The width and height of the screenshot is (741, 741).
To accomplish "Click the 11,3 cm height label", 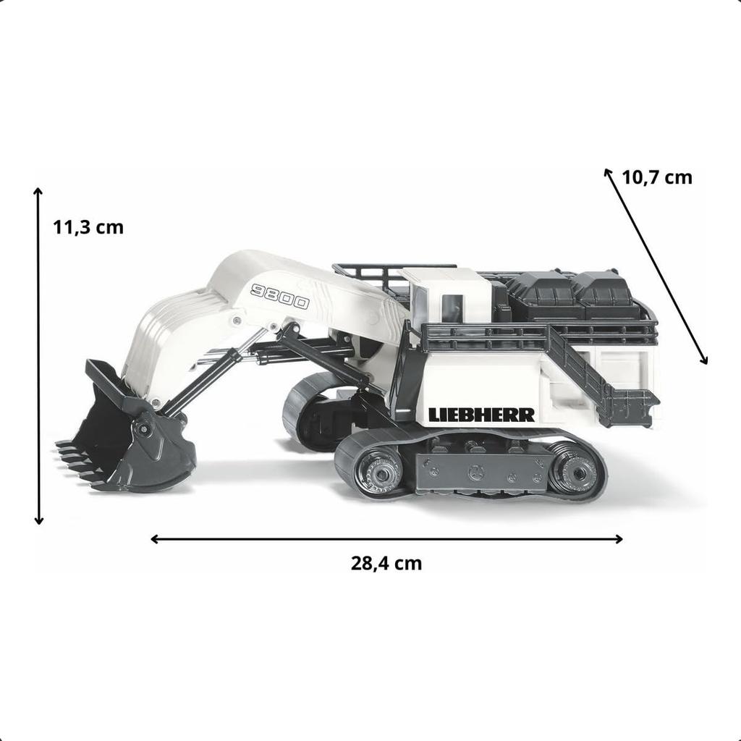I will coord(88,227).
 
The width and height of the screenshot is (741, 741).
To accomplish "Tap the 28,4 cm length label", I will coord(386,563).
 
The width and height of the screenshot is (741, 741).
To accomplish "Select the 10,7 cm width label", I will coord(656,177).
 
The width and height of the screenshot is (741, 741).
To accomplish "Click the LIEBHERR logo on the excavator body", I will coord(481,415).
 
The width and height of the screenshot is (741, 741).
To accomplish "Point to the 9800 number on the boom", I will coord(279,296).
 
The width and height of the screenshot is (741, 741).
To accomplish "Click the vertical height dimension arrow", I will coord(38,355).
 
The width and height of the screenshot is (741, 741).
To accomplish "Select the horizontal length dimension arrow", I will coord(386,538).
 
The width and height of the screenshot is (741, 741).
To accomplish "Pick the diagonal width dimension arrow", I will coord(656,266).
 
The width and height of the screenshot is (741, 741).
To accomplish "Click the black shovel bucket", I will coord(137,434).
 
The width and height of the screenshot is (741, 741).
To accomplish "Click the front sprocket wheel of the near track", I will coord(378,471).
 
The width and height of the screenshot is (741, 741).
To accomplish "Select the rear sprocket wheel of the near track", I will coord(575,473).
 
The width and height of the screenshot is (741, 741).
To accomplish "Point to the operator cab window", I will coord(449,308).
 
